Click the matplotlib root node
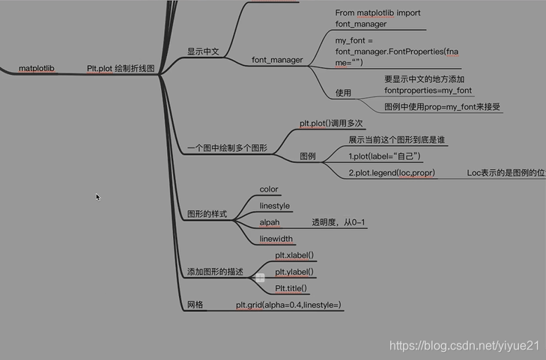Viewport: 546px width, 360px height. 37,68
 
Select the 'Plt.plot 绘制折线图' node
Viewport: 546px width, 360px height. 121,68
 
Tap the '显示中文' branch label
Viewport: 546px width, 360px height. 203,52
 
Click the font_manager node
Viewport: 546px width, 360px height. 277,60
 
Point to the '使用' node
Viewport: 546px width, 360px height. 343,93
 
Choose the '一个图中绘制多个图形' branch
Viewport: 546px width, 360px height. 227,148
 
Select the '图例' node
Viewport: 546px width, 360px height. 307,156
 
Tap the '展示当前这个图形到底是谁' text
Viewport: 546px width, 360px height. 397,140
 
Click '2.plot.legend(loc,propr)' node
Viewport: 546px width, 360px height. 392,173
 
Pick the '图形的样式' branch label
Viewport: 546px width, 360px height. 207,214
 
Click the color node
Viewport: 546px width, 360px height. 269,189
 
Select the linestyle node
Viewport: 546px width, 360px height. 275,206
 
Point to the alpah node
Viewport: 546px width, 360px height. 270,222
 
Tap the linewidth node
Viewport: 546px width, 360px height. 276,239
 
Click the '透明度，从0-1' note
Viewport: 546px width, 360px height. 339,222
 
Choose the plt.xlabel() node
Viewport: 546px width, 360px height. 294,256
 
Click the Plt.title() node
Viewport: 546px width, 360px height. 291,288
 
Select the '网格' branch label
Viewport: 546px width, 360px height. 195,305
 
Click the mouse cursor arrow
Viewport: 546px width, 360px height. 97,197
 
